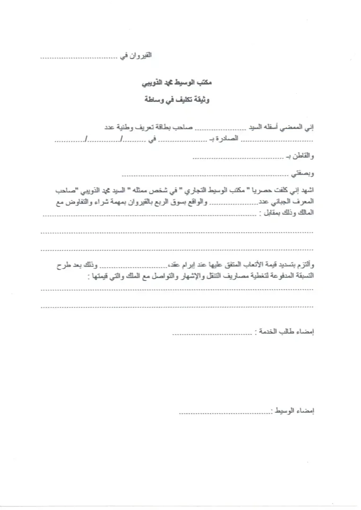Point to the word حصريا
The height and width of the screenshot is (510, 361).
pos(262,191)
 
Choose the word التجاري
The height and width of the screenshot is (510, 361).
pos(196,191)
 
